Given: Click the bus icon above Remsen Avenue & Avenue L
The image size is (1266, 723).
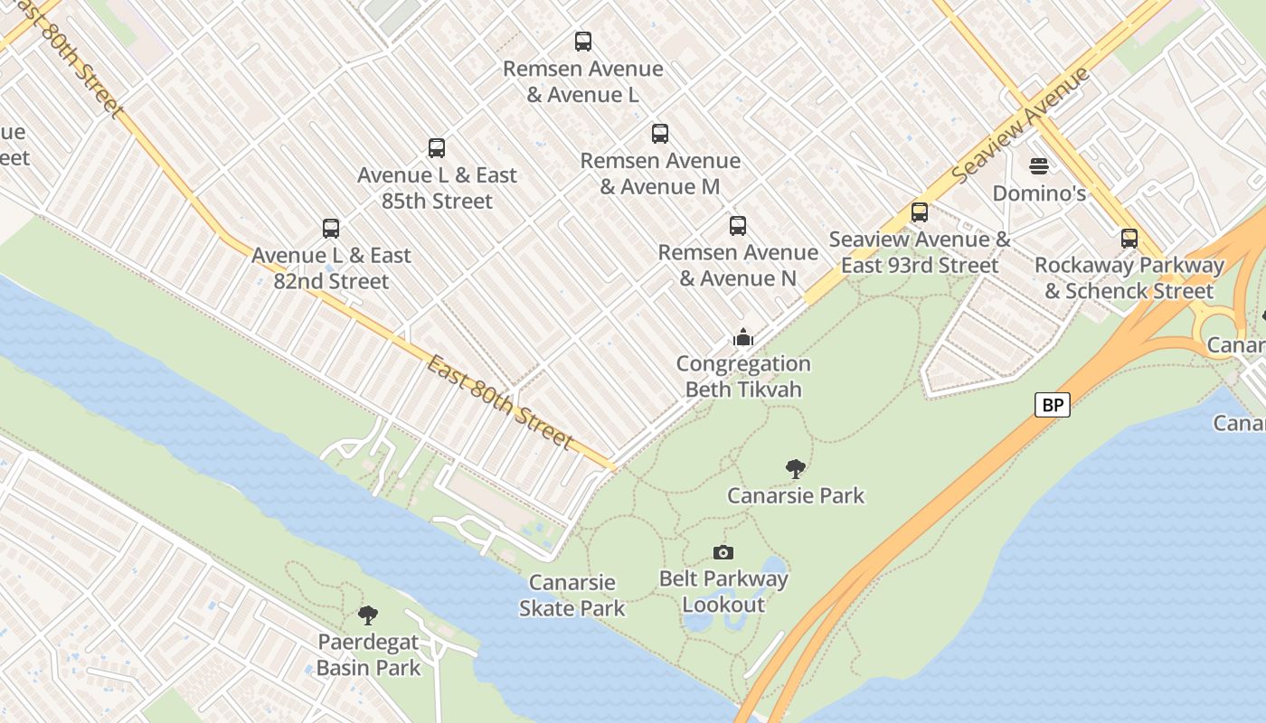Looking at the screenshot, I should (583, 42).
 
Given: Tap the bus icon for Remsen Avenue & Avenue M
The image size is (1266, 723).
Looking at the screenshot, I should (660, 134).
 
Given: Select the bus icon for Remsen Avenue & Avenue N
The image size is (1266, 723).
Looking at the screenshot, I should (738, 226).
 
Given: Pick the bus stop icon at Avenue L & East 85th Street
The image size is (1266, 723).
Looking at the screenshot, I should (437, 148).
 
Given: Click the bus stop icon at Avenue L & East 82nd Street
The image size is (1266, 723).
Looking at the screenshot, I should (331, 229).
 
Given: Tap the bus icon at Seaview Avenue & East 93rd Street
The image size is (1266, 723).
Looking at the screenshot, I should (920, 212).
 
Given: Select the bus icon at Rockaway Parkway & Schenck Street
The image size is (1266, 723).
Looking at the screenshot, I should (1129, 239).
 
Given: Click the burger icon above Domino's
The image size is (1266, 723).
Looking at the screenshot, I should (1039, 166).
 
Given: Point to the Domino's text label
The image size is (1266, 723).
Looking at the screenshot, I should (1039, 193).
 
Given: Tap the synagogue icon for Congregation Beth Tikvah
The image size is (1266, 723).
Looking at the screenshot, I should (743, 338).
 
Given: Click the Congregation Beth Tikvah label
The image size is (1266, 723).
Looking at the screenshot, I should (743, 377).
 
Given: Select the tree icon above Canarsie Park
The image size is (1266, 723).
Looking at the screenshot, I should (796, 469).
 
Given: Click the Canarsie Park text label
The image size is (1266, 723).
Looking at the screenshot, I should (796, 495).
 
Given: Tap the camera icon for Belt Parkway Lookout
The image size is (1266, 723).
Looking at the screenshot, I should (723, 552).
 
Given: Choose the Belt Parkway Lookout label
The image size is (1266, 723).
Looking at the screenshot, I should (723, 592).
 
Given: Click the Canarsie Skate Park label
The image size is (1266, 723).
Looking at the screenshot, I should (572, 596).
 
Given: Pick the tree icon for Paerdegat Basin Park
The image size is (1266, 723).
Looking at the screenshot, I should (368, 616).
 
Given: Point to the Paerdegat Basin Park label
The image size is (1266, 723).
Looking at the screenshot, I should (368, 655).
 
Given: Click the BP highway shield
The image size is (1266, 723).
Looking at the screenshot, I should (1053, 405).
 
